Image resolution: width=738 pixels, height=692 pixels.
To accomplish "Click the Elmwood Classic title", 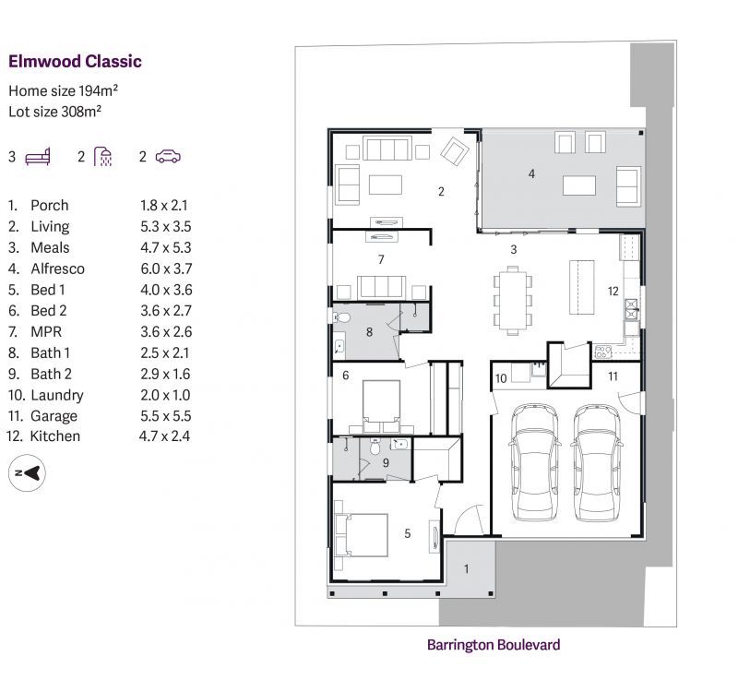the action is click(x=75, y=61).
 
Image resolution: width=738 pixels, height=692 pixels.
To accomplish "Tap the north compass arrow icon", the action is click(x=27, y=472).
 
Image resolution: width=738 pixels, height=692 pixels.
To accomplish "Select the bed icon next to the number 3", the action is click(x=38, y=157).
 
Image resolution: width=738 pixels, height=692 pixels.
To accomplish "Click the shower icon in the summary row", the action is click(x=102, y=157).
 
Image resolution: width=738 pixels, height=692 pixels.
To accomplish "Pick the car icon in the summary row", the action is click(x=168, y=156).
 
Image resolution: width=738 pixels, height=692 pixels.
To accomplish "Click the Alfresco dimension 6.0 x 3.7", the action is click(x=166, y=268).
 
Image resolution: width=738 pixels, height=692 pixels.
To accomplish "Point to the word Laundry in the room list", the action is click(x=57, y=396).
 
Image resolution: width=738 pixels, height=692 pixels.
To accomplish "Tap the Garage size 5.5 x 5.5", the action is click(x=166, y=416).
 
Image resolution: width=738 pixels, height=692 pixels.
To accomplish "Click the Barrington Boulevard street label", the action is click(x=494, y=644).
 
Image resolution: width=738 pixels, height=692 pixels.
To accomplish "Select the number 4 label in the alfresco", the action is click(x=531, y=173).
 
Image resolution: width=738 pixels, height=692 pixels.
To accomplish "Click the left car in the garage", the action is click(x=534, y=462).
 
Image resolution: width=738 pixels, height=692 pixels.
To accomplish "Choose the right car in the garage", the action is click(x=597, y=462).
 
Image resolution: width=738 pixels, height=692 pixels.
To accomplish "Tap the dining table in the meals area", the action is click(x=513, y=301).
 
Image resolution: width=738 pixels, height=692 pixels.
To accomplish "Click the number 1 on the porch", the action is click(x=467, y=568).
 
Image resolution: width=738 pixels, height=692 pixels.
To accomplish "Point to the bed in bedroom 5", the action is click(x=362, y=535).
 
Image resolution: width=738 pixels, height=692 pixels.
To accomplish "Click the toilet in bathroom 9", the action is click(x=375, y=447).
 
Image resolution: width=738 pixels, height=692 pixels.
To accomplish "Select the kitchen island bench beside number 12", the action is click(x=582, y=287).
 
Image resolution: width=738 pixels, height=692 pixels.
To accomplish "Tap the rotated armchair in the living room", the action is click(x=455, y=151).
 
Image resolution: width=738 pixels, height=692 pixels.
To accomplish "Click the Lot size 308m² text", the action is click(x=55, y=112).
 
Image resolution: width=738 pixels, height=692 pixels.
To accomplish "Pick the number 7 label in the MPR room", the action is click(x=381, y=259).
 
